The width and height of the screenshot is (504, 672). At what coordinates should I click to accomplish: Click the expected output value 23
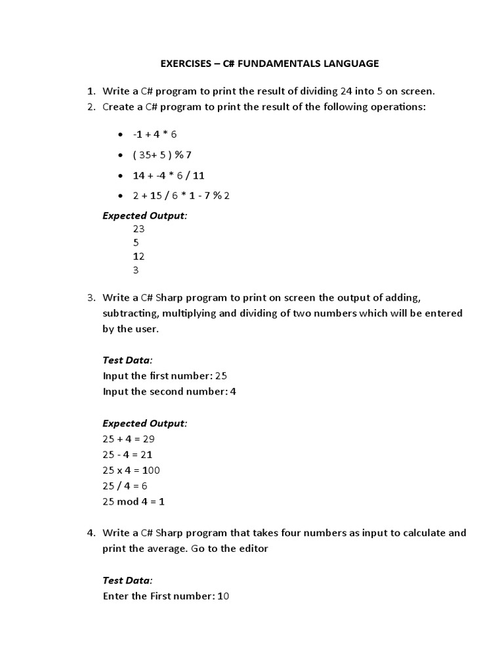pyautogui.click(x=138, y=229)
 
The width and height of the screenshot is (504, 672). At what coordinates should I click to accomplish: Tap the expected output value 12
pyautogui.click(x=138, y=256)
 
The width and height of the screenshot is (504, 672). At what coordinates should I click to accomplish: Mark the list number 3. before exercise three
pyautogui.click(x=92, y=297)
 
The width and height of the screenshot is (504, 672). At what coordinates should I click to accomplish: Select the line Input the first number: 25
pyautogui.click(x=165, y=376)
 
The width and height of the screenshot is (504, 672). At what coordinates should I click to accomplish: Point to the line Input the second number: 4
pyautogui.click(x=169, y=392)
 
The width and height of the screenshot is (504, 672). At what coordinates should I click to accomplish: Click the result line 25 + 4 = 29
pyautogui.click(x=129, y=439)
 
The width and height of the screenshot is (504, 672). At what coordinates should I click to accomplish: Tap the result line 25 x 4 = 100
pyautogui.click(x=131, y=471)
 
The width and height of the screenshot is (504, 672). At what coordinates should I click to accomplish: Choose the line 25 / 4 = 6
pyautogui.click(x=125, y=486)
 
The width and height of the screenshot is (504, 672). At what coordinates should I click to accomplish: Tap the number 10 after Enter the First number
pyautogui.click(x=222, y=597)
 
